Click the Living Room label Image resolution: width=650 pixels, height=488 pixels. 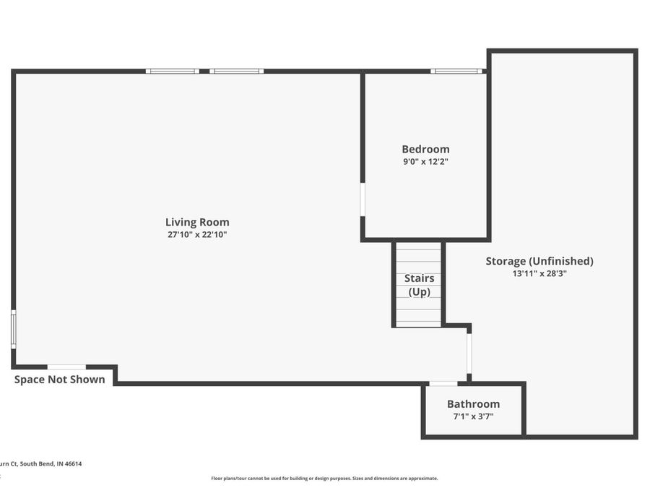197,222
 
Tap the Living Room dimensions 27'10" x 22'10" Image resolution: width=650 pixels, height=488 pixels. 197,234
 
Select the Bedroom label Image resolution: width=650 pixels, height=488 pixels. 425,149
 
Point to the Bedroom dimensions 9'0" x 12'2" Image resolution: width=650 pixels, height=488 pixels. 425,162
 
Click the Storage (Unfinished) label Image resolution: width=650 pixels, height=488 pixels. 539,261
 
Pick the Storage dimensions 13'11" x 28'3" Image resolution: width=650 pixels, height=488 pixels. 539,273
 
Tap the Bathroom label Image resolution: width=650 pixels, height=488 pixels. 473,404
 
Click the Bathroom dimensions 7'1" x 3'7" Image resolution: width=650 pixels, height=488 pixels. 473,416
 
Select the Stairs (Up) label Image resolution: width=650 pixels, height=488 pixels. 419,285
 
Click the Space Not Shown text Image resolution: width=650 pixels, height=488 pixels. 60,380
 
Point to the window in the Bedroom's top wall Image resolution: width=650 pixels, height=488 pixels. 456,71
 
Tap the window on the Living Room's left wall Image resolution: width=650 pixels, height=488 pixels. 13,330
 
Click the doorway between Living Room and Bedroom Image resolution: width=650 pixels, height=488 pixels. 363,200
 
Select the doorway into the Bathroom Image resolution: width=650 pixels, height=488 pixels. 443,383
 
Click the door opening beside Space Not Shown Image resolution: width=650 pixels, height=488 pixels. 66,367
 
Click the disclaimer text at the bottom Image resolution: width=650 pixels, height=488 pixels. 324,478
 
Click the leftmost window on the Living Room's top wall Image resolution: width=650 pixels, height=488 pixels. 172,71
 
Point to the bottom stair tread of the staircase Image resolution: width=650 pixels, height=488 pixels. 419,323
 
